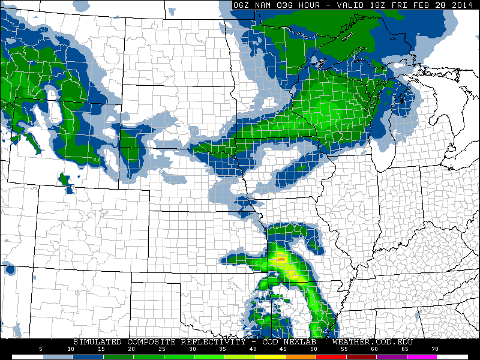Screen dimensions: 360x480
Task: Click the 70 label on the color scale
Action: pyautogui.click(x=434, y=349)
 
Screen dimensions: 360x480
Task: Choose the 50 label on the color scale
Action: pyautogui.click(x=313, y=349)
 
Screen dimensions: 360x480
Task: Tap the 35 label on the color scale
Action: pyautogui.click(x=223, y=349)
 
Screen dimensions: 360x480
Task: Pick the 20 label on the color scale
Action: pyautogui.click(x=131, y=349)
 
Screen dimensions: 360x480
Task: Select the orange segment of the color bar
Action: pyautogui.click(x=301, y=356)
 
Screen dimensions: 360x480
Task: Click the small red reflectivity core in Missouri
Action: pyautogui.click(x=280, y=259)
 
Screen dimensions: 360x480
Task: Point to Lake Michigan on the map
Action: pyautogui.click(x=384, y=135)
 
